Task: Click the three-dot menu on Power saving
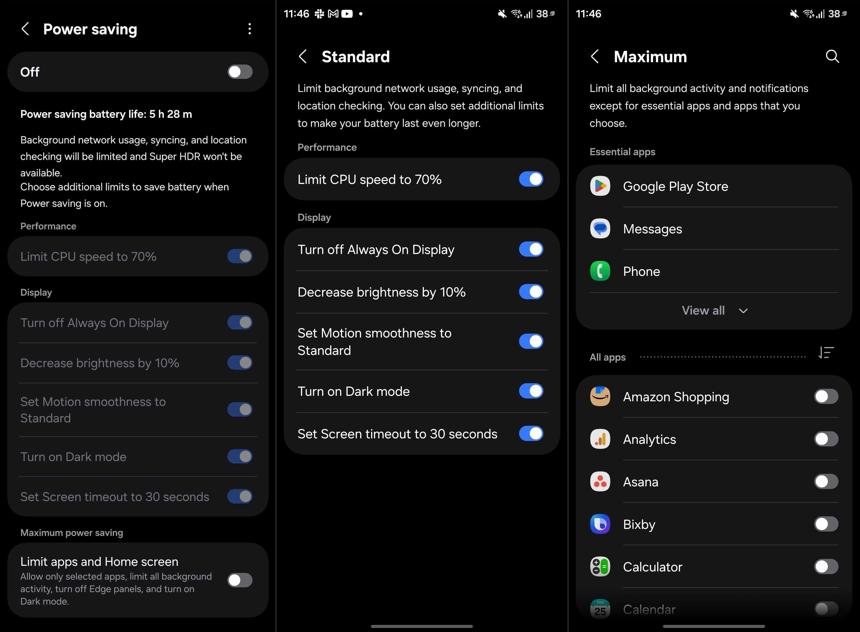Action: tap(250, 29)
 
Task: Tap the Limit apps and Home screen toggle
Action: tap(240, 580)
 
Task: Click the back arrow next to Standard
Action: tap(303, 57)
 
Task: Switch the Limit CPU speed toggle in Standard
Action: tap(531, 179)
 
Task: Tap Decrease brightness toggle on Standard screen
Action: tap(531, 292)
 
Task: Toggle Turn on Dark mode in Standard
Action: tap(531, 391)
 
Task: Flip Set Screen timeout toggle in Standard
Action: tap(531, 433)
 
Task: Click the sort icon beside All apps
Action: tap(826, 352)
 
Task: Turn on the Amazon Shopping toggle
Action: tap(826, 397)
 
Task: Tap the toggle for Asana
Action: tap(826, 482)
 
